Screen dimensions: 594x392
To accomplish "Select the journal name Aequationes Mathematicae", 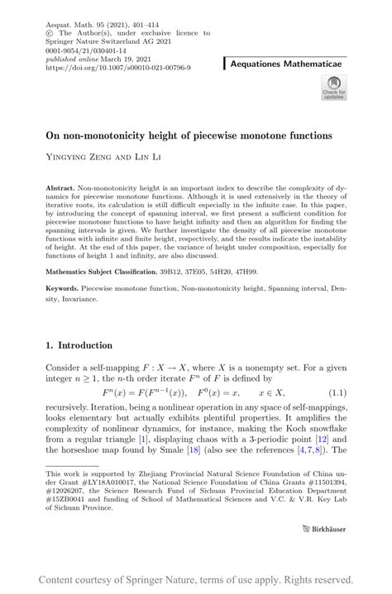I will [294, 63].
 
